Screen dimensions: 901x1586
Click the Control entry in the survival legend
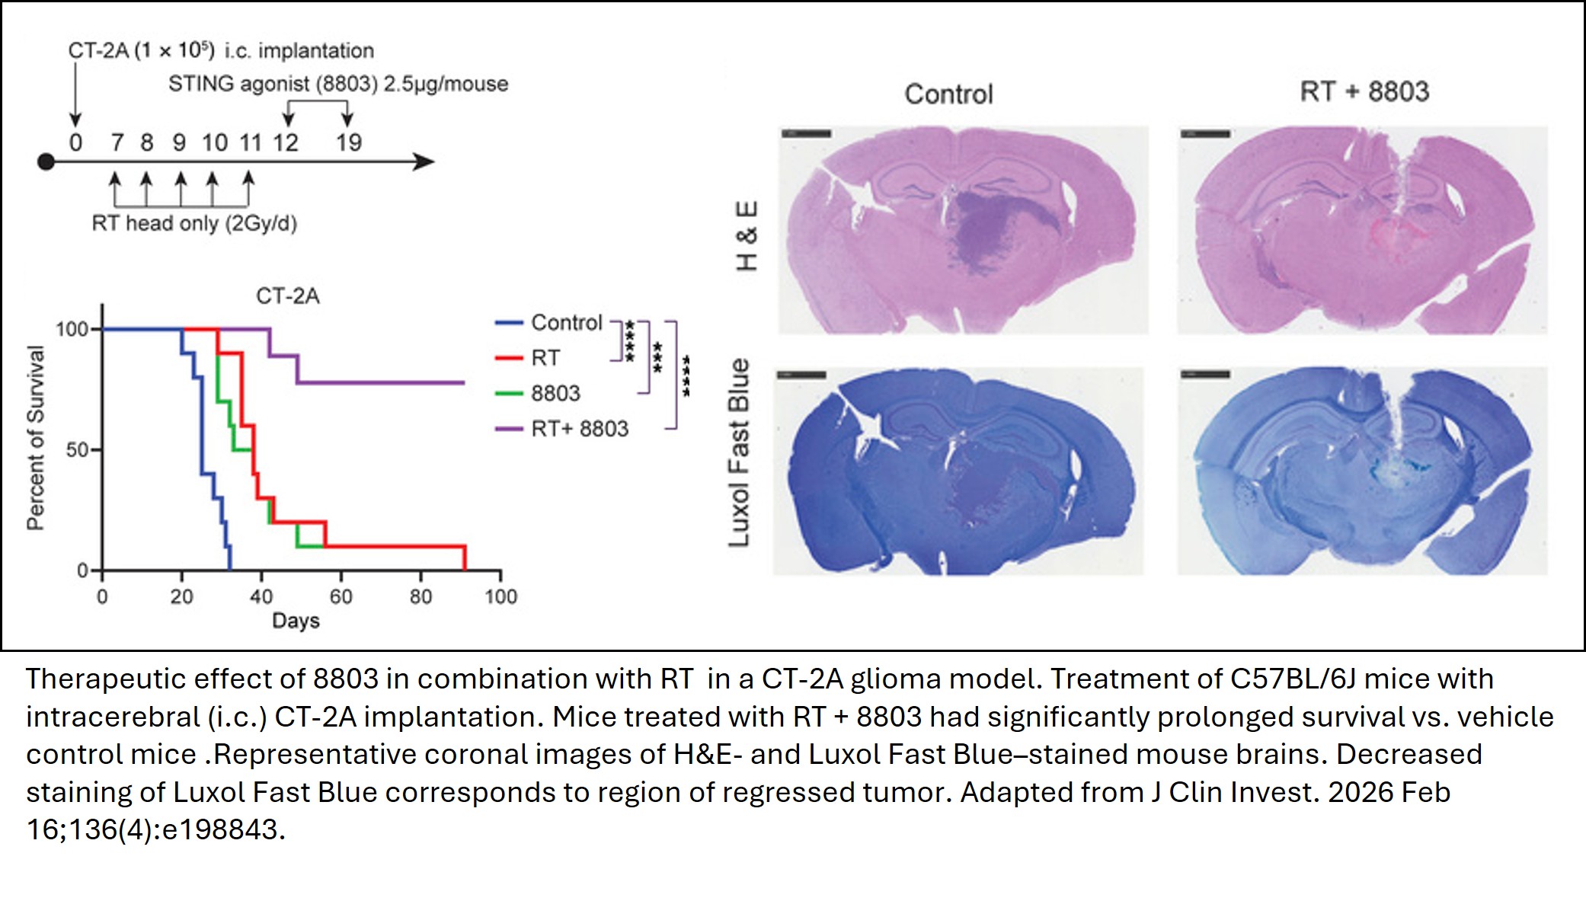(566, 323)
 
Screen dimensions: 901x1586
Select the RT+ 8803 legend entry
(579, 429)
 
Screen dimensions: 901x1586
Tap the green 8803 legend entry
(555, 394)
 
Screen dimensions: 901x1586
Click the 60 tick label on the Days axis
(341, 596)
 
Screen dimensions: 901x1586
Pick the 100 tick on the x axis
(500, 596)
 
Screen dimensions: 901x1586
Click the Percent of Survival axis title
(36, 438)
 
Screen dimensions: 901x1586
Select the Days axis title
(296, 621)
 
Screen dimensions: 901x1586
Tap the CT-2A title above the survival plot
(287, 296)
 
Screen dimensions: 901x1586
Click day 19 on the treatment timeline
(349, 142)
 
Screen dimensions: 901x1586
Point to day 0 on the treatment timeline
(75, 142)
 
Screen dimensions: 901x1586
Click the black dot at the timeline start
(46, 161)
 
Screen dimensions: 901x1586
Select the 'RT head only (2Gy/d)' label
(194, 223)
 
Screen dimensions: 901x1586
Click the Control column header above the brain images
(948, 94)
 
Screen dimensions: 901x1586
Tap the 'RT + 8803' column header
(1364, 91)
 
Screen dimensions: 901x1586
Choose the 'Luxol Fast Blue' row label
(740, 453)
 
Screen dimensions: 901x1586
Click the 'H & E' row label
(747, 236)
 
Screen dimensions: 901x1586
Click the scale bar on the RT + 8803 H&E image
(1205, 134)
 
